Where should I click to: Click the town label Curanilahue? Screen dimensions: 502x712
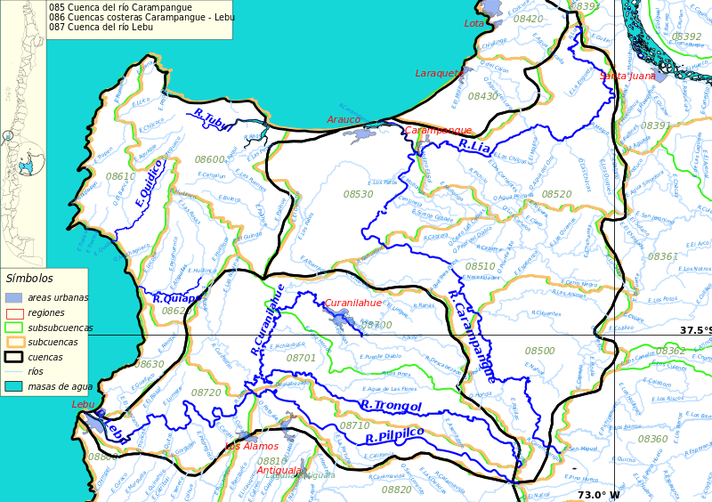pyautogui.click(x=352, y=303)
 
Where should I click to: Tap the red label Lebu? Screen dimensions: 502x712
pyautogui.click(x=83, y=404)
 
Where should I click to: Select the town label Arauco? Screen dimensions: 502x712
pyautogui.click(x=344, y=119)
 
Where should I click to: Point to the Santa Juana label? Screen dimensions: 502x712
pyautogui.click(x=627, y=76)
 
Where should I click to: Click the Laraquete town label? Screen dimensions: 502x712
pyautogui.click(x=439, y=73)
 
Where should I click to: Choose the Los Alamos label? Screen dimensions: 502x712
pyautogui.click(x=252, y=446)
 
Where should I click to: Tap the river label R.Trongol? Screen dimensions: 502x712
pyautogui.click(x=391, y=406)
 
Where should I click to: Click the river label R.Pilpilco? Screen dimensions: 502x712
pyautogui.click(x=394, y=435)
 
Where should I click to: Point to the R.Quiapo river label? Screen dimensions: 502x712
pyautogui.click(x=176, y=299)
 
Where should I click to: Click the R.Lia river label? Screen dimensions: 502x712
pyautogui.click(x=474, y=146)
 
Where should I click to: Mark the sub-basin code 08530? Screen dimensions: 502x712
pyautogui.click(x=359, y=194)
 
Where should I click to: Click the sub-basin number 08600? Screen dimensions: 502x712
pyautogui.click(x=210, y=159)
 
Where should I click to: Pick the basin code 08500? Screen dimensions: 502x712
pyautogui.click(x=539, y=352)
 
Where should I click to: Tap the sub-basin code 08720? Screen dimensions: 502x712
pyautogui.click(x=206, y=393)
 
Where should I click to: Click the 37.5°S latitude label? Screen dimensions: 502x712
pyautogui.click(x=695, y=330)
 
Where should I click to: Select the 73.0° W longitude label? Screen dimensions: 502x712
pyautogui.click(x=598, y=495)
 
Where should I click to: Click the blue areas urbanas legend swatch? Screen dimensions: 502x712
pyautogui.click(x=13, y=297)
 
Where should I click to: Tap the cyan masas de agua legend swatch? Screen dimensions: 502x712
pyautogui.click(x=13, y=386)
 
